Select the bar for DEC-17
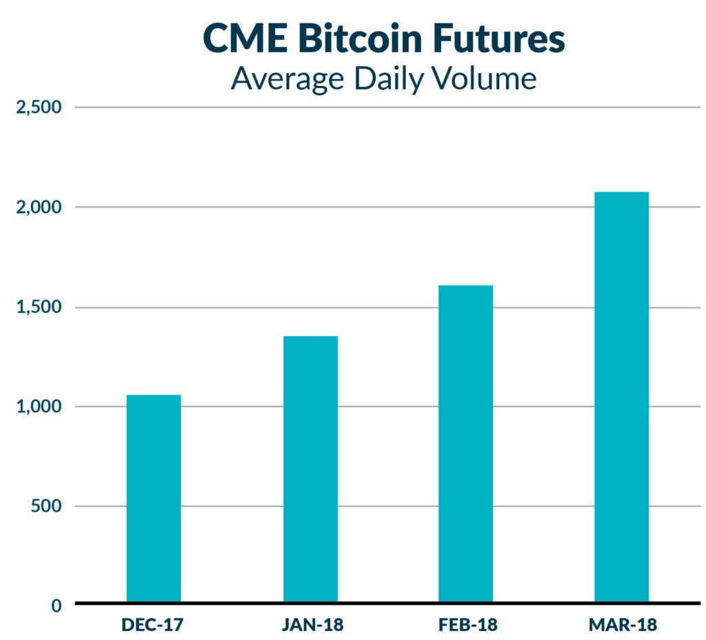(154, 499)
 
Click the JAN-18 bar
(310, 469)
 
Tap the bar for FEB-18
(465, 444)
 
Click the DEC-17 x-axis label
(154, 626)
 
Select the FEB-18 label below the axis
(467, 626)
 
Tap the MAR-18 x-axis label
(623, 626)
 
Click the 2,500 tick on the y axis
(38, 108)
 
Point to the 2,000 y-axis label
(38, 207)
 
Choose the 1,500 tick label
(38, 307)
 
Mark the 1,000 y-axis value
(38, 406)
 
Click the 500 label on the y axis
(48, 506)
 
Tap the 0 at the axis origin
(57, 606)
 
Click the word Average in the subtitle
(287, 79)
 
